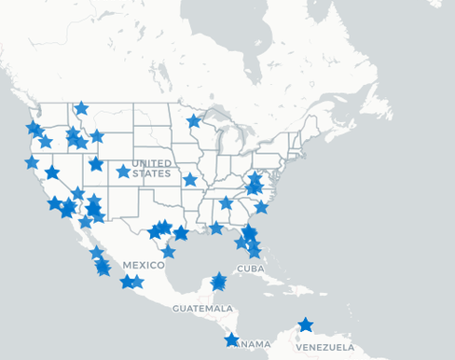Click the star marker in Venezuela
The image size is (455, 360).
click(x=305, y=326)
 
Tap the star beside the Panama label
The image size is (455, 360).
click(x=231, y=340)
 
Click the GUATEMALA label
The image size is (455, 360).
click(x=202, y=308)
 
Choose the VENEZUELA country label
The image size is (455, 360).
click(x=325, y=347)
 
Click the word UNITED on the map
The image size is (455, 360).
click(x=152, y=163)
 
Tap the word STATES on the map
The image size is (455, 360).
click(x=152, y=173)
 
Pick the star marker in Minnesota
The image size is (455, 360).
click(x=194, y=121)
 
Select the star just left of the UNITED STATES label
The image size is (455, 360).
click(x=123, y=172)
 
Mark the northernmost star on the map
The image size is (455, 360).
click(x=81, y=108)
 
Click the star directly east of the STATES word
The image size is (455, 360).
click(x=190, y=179)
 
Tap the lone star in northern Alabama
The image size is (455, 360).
click(x=226, y=203)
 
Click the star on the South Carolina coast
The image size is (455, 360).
click(x=261, y=207)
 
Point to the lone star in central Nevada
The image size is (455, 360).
click(x=52, y=173)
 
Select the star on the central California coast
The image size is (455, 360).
click(x=32, y=162)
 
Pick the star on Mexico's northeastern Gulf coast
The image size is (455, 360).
click(x=168, y=251)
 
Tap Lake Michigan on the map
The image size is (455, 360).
click(x=221, y=140)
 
